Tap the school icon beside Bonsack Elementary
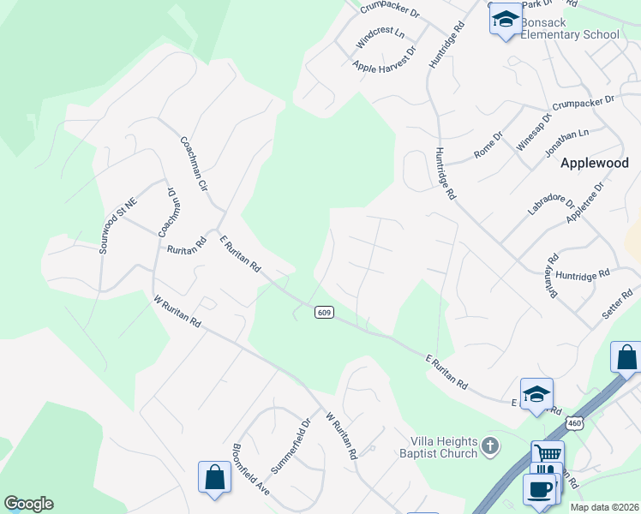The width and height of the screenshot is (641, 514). point(506,20)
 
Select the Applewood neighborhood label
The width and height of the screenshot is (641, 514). point(594,163)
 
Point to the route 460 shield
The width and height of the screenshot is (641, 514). point(574,423)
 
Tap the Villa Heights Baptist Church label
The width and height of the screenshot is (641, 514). point(438,447)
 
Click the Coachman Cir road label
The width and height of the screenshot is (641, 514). point(194,163)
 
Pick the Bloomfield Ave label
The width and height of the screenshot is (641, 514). point(251,469)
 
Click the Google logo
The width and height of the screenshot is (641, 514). point(28,504)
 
